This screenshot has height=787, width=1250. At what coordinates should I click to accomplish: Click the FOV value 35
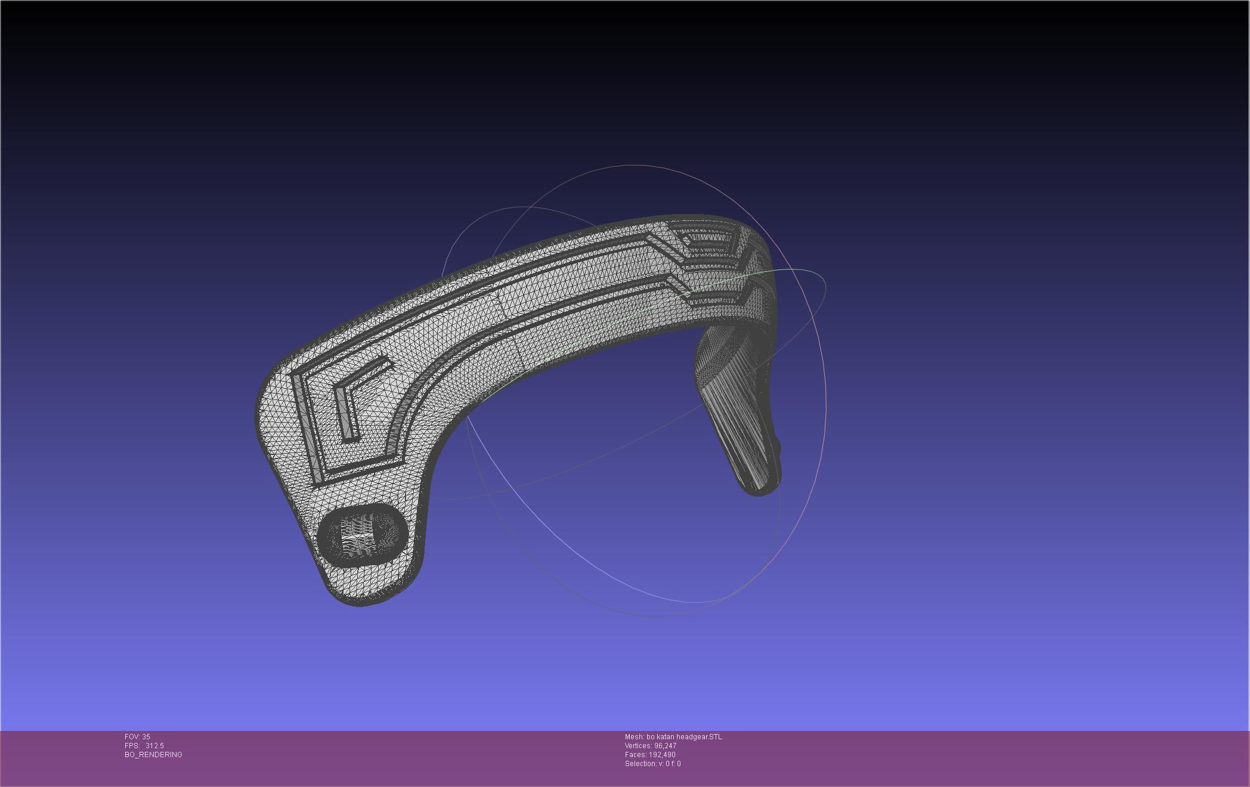pyautogui.click(x=146, y=737)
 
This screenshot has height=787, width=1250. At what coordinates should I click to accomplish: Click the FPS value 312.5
pyautogui.click(x=154, y=746)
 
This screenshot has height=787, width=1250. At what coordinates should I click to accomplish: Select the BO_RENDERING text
pyautogui.click(x=153, y=755)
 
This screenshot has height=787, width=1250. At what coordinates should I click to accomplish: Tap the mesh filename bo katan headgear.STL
pyautogui.click(x=684, y=737)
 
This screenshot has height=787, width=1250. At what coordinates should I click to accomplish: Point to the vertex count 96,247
pyautogui.click(x=665, y=746)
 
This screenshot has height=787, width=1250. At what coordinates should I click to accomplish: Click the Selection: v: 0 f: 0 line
pyautogui.click(x=652, y=764)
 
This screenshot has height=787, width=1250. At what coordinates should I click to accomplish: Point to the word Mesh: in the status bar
pyautogui.click(x=634, y=737)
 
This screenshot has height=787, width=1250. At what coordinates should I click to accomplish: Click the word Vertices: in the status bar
pyautogui.click(x=638, y=746)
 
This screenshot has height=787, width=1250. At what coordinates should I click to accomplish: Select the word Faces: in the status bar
pyautogui.click(x=636, y=755)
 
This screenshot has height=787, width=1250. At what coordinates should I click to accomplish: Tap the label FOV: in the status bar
pyautogui.click(x=132, y=737)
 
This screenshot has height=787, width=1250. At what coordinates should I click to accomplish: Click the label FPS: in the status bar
pyautogui.click(x=132, y=746)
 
